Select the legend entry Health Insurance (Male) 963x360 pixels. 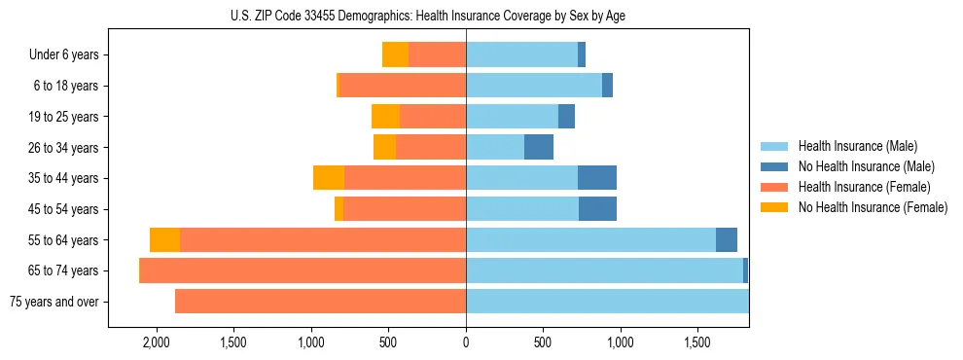(x=857, y=146)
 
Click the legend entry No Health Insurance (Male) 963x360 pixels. (x=866, y=166)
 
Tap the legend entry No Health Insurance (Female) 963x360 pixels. (x=872, y=207)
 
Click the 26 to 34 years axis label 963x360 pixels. (x=63, y=148)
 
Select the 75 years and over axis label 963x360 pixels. (x=53, y=302)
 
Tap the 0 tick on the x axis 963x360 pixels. (x=466, y=342)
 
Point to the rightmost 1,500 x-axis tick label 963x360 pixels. (x=697, y=342)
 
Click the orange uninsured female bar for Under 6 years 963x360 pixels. (x=395, y=54)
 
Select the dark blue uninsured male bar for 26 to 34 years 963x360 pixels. (x=539, y=147)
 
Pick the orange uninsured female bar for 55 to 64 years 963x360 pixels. (x=164, y=240)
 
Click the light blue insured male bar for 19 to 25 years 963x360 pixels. (x=512, y=117)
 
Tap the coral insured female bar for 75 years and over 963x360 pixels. (x=320, y=302)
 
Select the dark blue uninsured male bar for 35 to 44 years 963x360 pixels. (x=597, y=178)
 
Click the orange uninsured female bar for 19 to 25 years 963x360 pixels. (x=385, y=117)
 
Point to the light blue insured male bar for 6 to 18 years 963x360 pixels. (x=534, y=86)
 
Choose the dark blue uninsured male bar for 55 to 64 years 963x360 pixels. (x=727, y=240)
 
